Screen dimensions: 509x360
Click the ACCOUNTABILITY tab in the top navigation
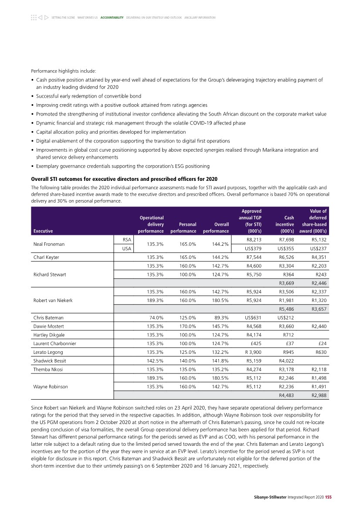coord(112,17)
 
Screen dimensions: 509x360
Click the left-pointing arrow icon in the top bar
coord(40,17)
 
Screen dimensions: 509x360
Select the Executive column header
coord(43,231)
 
